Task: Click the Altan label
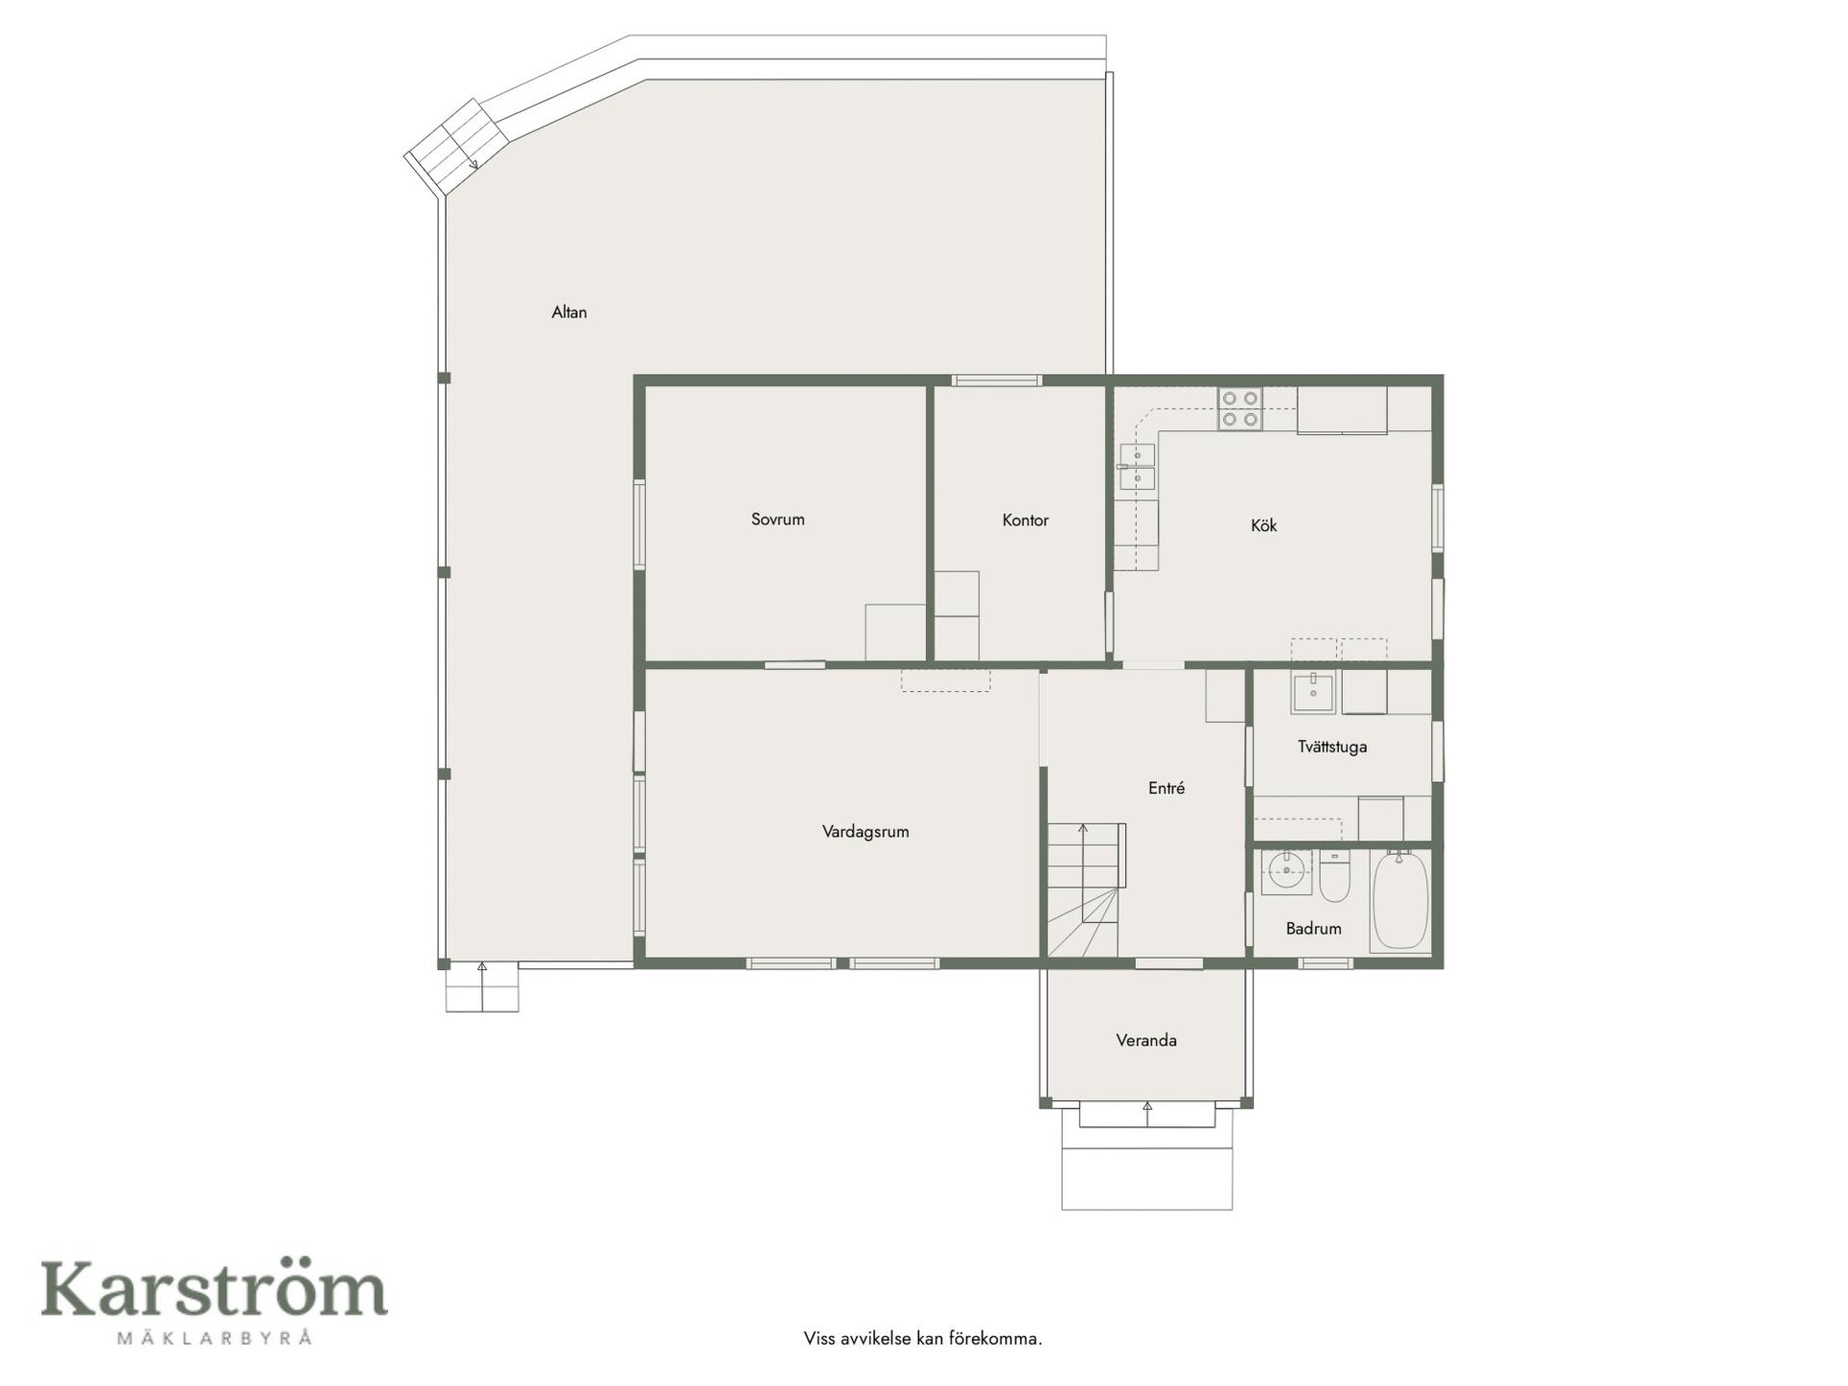tap(569, 312)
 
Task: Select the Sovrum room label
tap(778, 519)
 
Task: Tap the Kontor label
tap(1025, 520)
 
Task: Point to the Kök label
tap(1264, 526)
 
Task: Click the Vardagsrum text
tap(865, 832)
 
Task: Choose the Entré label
tap(1167, 787)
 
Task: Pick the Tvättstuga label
tap(1332, 746)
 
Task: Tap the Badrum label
tap(1314, 928)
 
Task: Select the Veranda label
tap(1146, 1039)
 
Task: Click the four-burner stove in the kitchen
tap(1240, 408)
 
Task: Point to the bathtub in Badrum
tap(1400, 900)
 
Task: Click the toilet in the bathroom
tap(1335, 875)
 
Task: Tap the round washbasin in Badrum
tap(1286, 872)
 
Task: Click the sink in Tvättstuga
tap(1313, 692)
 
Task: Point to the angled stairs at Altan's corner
tap(457, 145)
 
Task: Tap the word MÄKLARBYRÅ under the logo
tap(214, 1337)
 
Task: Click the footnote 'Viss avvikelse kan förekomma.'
tap(923, 1338)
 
